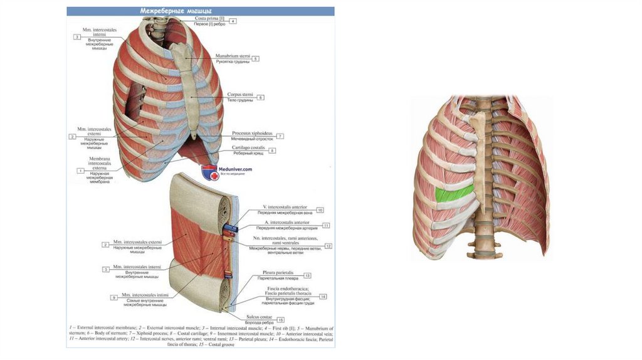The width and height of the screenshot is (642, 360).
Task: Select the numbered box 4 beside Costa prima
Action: point(233,21)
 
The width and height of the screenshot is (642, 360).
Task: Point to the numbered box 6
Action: point(261,97)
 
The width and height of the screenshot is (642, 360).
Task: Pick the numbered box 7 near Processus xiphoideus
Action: point(280,136)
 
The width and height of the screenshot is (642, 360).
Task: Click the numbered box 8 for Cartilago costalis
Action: point(272,151)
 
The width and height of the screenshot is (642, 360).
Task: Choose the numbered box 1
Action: point(80,171)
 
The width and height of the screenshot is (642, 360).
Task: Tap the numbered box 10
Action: point(320,211)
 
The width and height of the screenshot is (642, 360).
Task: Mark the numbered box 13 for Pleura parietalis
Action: point(307,276)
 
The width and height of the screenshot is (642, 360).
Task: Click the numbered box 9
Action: point(113,297)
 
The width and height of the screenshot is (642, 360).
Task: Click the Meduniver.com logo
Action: point(226,170)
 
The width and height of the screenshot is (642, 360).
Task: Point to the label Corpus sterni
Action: point(239,95)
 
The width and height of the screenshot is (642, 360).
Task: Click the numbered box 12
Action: point(328,246)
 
